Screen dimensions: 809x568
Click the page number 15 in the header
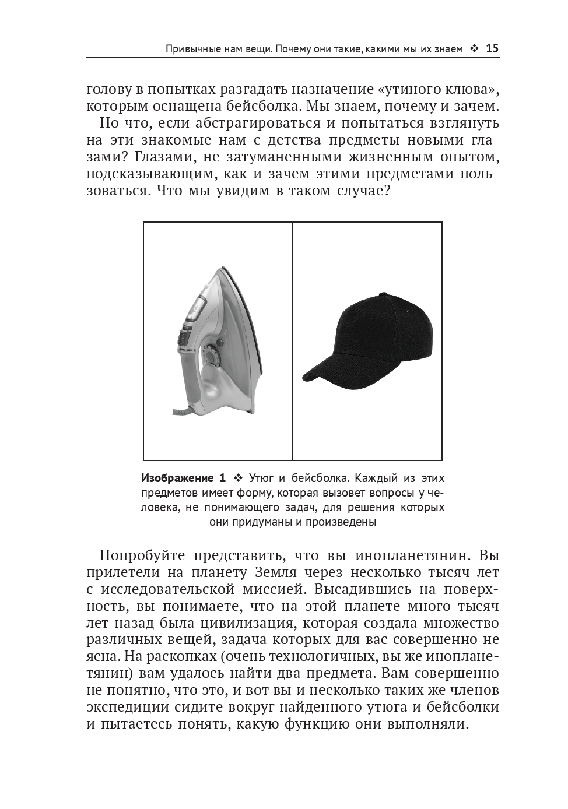tap(492, 49)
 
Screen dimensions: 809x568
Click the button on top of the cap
tap(383, 294)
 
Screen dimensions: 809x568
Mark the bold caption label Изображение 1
tap(183, 479)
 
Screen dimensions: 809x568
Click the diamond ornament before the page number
tap(474, 49)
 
